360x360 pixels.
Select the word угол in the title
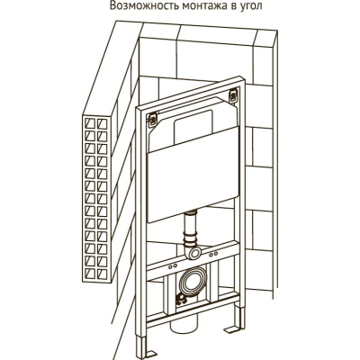[x=250, y=7]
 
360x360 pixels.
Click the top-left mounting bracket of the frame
[x=153, y=119]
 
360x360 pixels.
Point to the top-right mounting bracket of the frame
[x=233, y=94]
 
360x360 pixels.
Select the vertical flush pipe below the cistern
[x=191, y=228]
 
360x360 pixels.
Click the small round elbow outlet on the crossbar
[x=195, y=252]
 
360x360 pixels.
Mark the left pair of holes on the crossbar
[x=173, y=265]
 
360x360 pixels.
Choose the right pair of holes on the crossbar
[x=213, y=255]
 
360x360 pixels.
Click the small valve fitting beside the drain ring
[x=181, y=300]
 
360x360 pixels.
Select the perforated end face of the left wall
[x=96, y=199]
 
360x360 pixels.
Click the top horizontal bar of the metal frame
[x=191, y=92]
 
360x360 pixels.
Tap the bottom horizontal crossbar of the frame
[x=192, y=311]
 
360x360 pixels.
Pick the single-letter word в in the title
[x=233, y=6]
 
